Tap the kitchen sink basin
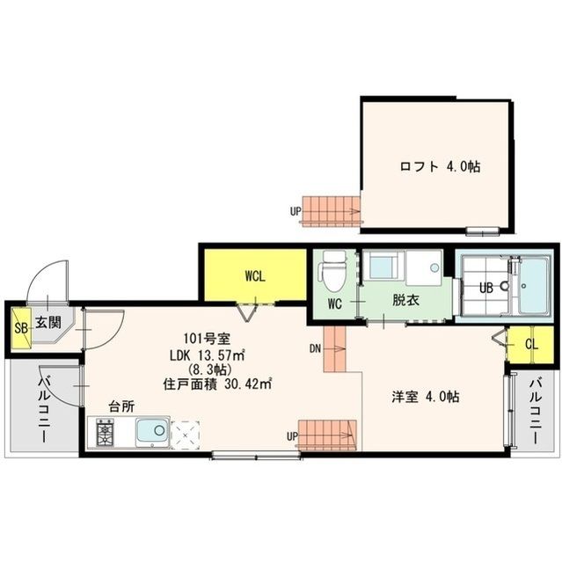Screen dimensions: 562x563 (x=152, y=432)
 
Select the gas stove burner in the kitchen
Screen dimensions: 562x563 (x=106, y=432)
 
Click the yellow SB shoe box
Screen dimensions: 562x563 (x=21, y=328)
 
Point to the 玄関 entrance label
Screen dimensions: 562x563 (x=48, y=322)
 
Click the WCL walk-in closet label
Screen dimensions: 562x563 (x=255, y=276)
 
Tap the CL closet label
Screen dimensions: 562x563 (x=532, y=345)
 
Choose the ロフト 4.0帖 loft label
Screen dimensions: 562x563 (x=440, y=166)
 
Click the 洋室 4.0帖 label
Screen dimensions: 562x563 (x=426, y=397)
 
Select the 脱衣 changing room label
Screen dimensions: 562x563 (x=406, y=300)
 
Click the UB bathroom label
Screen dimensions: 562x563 (x=486, y=289)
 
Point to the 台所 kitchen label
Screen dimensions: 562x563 (x=121, y=406)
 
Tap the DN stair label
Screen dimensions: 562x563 (x=315, y=348)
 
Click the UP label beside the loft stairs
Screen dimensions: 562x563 (x=296, y=211)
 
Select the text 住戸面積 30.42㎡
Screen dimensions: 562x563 (x=217, y=384)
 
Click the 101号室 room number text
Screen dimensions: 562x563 (x=207, y=338)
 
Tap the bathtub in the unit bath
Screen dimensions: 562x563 (x=533, y=287)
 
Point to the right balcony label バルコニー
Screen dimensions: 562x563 (x=536, y=412)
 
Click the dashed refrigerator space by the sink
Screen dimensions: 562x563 (x=186, y=435)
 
